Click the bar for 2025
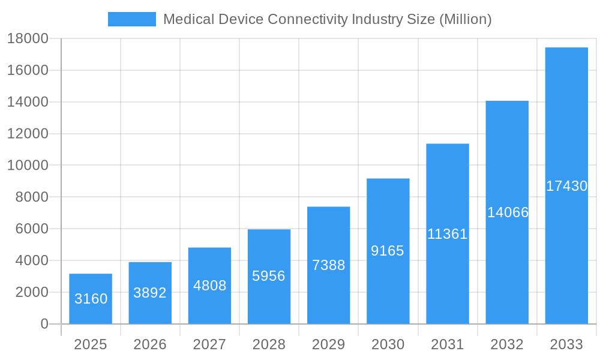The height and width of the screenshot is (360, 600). tap(91, 299)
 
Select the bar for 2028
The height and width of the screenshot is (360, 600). tap(269, 277)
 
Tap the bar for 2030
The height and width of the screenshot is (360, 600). tap(388, 251)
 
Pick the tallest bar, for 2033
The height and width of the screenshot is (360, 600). tap(566, 186)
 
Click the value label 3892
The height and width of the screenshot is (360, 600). tap(150, 293)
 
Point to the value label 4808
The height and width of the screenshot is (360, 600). tap(209, 286)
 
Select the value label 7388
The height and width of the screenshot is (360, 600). tap(329, 265)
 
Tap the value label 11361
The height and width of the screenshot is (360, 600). tap(447, 234)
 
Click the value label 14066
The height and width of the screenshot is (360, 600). tap(508, 212)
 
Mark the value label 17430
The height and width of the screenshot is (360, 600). tap(566, 186)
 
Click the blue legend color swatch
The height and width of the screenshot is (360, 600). tap(131, 19)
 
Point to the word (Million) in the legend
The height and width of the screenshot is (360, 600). tap(465, 19)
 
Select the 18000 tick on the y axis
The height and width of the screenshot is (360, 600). tap(28, 38)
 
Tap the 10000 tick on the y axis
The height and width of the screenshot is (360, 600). tap(28, 165)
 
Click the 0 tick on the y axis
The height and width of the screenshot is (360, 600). tap(44, 324)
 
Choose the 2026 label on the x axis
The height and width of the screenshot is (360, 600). tap(150, 344)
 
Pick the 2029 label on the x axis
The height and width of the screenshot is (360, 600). tap(329, 344)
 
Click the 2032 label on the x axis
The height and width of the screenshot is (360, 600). tap(507, 344)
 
